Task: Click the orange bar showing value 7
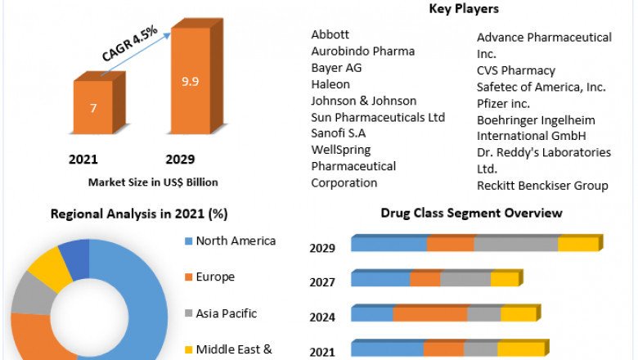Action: pyautogui.click(x=92, y=107)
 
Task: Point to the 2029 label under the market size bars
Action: pyautogui.click(x=180, y=159)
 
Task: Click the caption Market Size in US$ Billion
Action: pyautogui.click(x=153, y=182)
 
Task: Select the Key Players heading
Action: pyautogui.click(x=464, y=9)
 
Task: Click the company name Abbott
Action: pyautogui.click(x=330, y=34)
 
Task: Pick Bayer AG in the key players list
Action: pyautogui.click(x=336, y=67)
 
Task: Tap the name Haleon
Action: pyautogui.click(x=330, y=84)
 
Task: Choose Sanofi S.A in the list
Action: pyautogui.click(x=339, y=133)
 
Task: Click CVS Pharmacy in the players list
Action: pyautogui.click(x=516, y=70)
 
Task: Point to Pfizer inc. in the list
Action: pyautogui.click(x=503, y=103)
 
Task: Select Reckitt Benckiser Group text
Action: pyautogui.click(x=542, y=186)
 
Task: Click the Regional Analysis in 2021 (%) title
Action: pyautogui.click(x=139, y=214)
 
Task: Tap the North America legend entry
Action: pyautogui.click(x=236, y=241)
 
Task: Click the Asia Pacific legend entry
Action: pyautogui.click(x=227, y=313)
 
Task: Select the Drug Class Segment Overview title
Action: pyautogui.click(x=471, y=213)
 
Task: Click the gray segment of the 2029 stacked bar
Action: pyautogui.click(x=515, y=244)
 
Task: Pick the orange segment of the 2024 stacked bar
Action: pyautogui.click(x=430, y=314)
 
